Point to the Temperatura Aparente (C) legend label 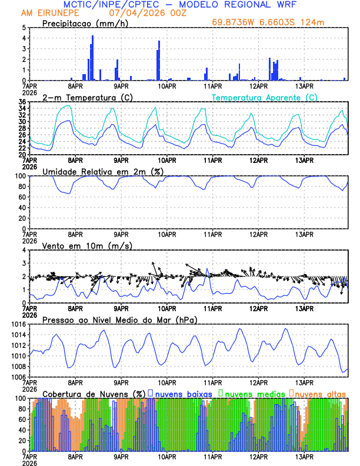264,97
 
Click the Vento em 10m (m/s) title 87,245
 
